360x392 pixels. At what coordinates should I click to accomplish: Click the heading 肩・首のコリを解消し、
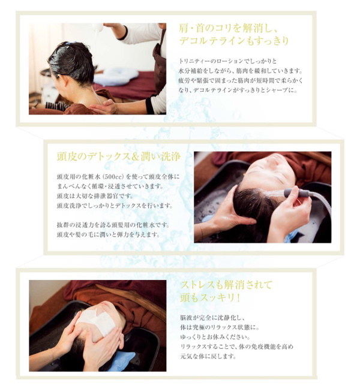(228, 29)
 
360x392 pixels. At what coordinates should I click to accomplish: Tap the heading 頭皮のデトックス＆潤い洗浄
(119, 157)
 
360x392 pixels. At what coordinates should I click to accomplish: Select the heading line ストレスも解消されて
(226, 285)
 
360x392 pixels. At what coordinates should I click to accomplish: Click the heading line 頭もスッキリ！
(211, 298)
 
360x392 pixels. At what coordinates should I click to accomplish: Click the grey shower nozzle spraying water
(297, 192)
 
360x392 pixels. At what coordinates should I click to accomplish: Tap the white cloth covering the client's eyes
(97, 319)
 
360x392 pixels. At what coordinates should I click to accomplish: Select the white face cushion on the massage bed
(116, 77)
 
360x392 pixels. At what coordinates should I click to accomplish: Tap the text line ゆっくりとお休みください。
(215, 337)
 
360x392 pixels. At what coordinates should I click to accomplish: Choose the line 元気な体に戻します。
(208, 356)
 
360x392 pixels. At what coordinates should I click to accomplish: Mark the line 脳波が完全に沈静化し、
(212, 318)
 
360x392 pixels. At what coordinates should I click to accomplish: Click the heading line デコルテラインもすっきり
(234, 41)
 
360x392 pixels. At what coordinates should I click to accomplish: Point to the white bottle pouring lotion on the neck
(98, 28)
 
